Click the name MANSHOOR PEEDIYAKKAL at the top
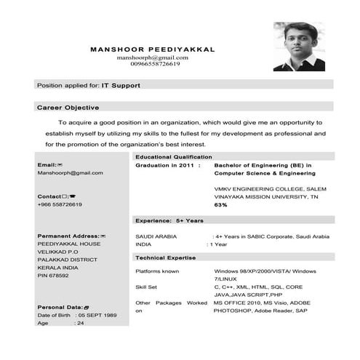click(152, 49)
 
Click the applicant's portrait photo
click(299, 46)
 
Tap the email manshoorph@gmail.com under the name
click(152, 57)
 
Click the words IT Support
click(121, 85)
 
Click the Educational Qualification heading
click(174, 156)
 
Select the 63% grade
click(220, 205)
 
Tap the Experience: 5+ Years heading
click(169, 220)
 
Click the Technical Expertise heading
click(166, 257)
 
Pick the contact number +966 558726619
click(60, 204)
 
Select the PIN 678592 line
click(55, 276)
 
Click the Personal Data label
click(63, 308)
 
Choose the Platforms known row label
click(158, 271)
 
